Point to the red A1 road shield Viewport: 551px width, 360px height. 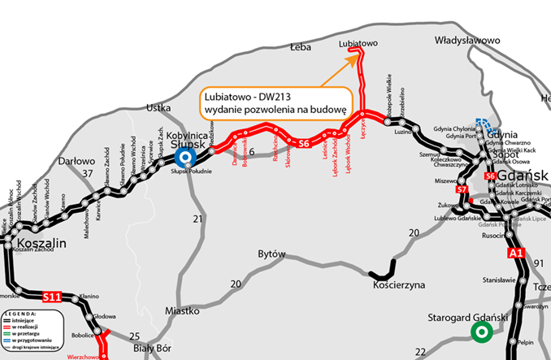pyautogui.click(x=515, y=254)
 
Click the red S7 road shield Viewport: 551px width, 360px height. pyautogui.click(x=462, y=189)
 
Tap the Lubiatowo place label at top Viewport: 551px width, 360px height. pyautogui.click(x=358, y=41)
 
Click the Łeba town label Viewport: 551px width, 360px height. pyautogui.click(x=301, y=48)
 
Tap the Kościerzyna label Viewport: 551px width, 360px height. pyautogui.click(x=399, y=285)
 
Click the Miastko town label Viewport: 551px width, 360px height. pyautogui.click(x=182, y=310)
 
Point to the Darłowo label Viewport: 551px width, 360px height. pyautogui.click(x=78, y=161)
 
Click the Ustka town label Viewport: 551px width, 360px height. pyautogui.click(x=158, y=107)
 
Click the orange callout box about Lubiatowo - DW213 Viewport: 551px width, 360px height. pyautogui.click(x=276, y=102)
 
